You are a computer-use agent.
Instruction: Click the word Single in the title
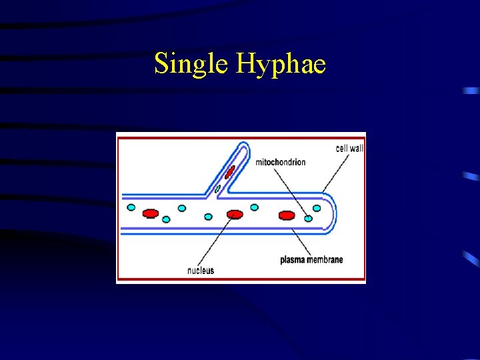[191, 65]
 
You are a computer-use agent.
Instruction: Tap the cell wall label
[349, 148]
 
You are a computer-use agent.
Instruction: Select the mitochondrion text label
[281, 162]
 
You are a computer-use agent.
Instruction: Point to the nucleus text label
[201, 271]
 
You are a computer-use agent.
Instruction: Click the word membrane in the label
[326, 259]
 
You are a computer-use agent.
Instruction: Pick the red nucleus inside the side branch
[229, 173]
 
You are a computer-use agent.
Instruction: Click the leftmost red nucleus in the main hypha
[151, 213]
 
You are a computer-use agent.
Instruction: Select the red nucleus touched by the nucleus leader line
[234, 214]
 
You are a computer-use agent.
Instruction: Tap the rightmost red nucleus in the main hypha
[287, 215]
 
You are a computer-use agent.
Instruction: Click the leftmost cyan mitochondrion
[131, 207]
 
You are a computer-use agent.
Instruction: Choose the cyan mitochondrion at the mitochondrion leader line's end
[308, 218]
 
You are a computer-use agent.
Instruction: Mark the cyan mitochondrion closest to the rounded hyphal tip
[317, 207]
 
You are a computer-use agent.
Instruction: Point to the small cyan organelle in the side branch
[217, 189]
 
